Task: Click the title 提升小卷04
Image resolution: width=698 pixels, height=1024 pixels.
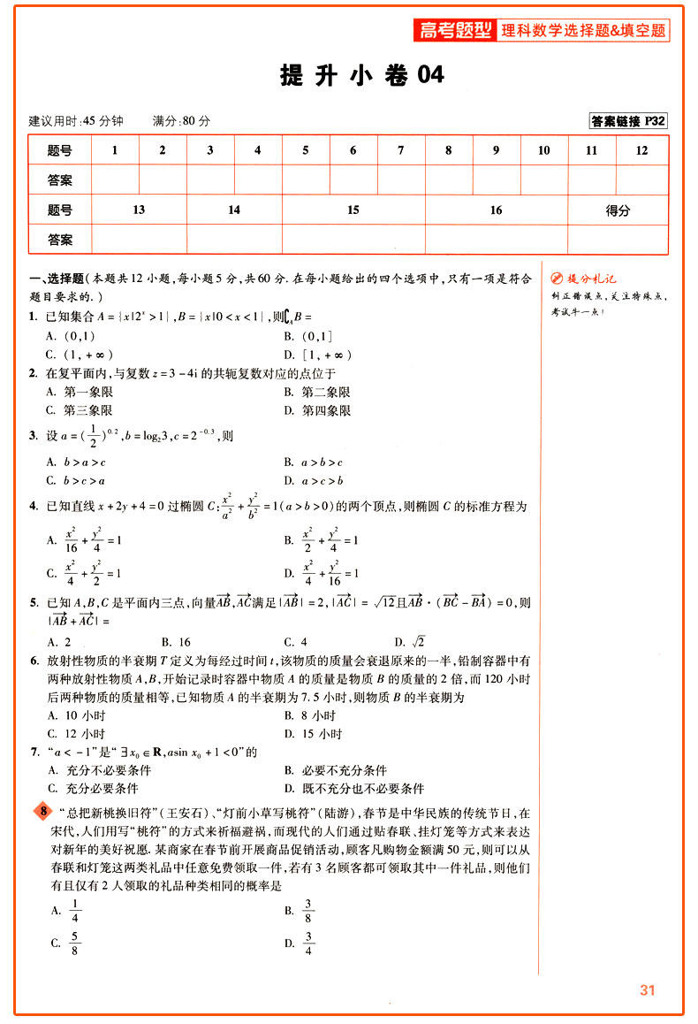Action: [x=362, y=76]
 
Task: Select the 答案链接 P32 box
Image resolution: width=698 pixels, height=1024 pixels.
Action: [x=628, y=121]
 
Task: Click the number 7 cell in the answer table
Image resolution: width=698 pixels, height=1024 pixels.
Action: [x=400, y=150]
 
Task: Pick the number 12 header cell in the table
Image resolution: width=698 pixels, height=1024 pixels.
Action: [x=641, y=150]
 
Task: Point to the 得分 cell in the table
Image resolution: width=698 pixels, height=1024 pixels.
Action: [x=618, y=210]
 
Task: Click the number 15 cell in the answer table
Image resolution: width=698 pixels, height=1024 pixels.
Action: [x=353, y=210]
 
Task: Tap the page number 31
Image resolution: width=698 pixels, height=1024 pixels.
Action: [x=648, y=990]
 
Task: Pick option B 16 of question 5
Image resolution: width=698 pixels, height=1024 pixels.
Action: [x=177, y=642]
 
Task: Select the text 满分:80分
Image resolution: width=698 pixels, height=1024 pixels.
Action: [x=181, y=121]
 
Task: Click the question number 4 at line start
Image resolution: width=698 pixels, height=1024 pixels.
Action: [x=33, y=507]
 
